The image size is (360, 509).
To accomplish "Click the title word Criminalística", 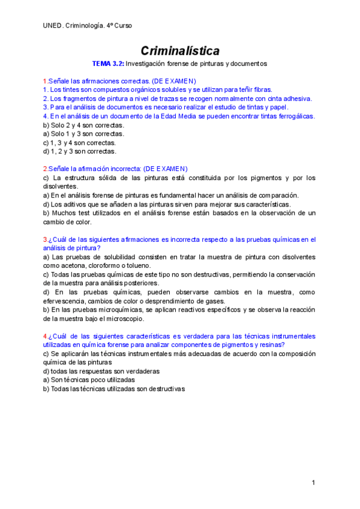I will [x=180, y=50].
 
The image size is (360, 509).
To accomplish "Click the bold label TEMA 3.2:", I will [x=107, y=63].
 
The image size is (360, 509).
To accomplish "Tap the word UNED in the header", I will [x=52, y=25].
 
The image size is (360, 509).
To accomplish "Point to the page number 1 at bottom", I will [x=313, y=483].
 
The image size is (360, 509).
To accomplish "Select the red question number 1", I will [x=45, y=81].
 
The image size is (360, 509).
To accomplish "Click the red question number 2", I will [x=45, y=169].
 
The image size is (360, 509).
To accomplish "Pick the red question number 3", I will [x=45, y=239].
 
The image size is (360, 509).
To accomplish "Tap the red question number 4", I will [x=45, y=336].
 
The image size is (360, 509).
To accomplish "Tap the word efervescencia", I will [x=67, y=301].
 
